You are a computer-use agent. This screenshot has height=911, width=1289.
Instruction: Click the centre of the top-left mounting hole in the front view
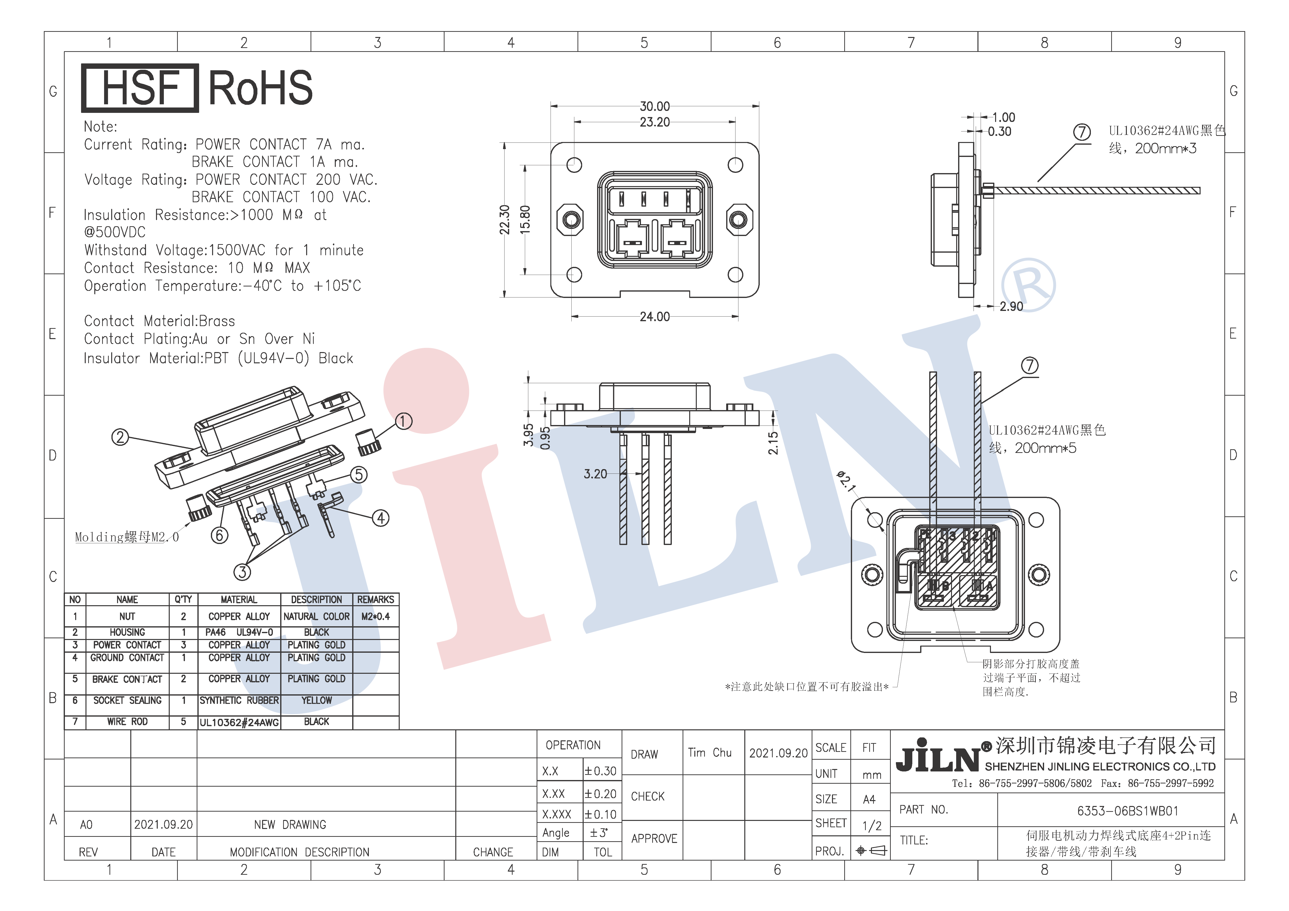coord(574,165)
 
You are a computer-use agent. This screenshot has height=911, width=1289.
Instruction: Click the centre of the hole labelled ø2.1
coord(875,520)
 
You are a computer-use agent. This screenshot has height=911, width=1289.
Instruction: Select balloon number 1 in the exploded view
coord(404,421)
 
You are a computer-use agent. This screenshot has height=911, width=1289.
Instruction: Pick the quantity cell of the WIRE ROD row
coord(184,722)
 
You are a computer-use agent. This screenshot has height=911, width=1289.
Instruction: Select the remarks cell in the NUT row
coord(376,616)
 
